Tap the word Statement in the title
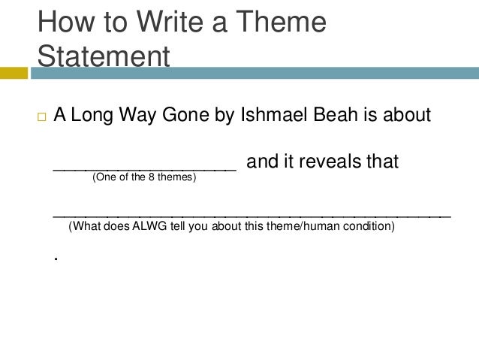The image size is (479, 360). pos(104,56)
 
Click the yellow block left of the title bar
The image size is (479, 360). pos(14,73)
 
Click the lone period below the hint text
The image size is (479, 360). pos(56,258)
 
